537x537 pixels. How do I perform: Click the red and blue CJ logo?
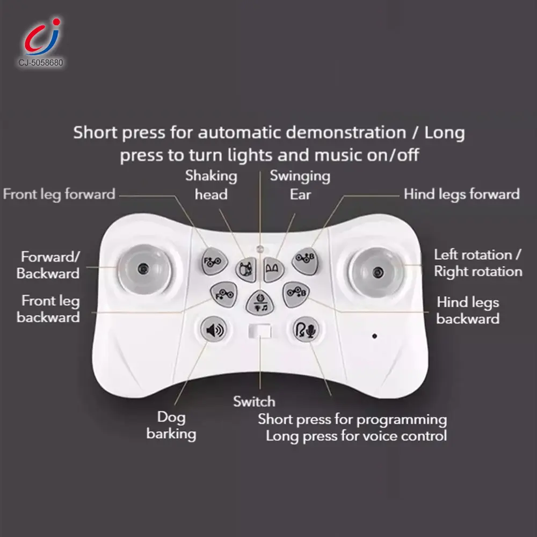point(42,37)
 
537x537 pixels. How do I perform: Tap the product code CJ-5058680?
point(41,63)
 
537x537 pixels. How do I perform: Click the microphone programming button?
point(306,330)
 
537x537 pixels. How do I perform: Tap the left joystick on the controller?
point(144,269)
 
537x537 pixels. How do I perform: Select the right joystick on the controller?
point(377,273)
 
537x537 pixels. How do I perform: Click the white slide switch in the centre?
point(260,331)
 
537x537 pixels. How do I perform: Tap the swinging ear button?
point(273,270)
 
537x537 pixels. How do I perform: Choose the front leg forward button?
point(214,262)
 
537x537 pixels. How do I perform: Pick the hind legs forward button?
point(305,261)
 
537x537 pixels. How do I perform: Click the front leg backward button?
point(223,294)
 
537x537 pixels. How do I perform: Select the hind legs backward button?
point(296,294)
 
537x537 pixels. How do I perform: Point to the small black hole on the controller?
point(375,336)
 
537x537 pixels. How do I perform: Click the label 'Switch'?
point(254,401)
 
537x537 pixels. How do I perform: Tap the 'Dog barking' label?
point(171,426)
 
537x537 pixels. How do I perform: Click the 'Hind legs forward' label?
point(462,194)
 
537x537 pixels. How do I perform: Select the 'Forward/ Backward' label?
point(48,265)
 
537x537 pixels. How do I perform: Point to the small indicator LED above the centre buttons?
point(260,248)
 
